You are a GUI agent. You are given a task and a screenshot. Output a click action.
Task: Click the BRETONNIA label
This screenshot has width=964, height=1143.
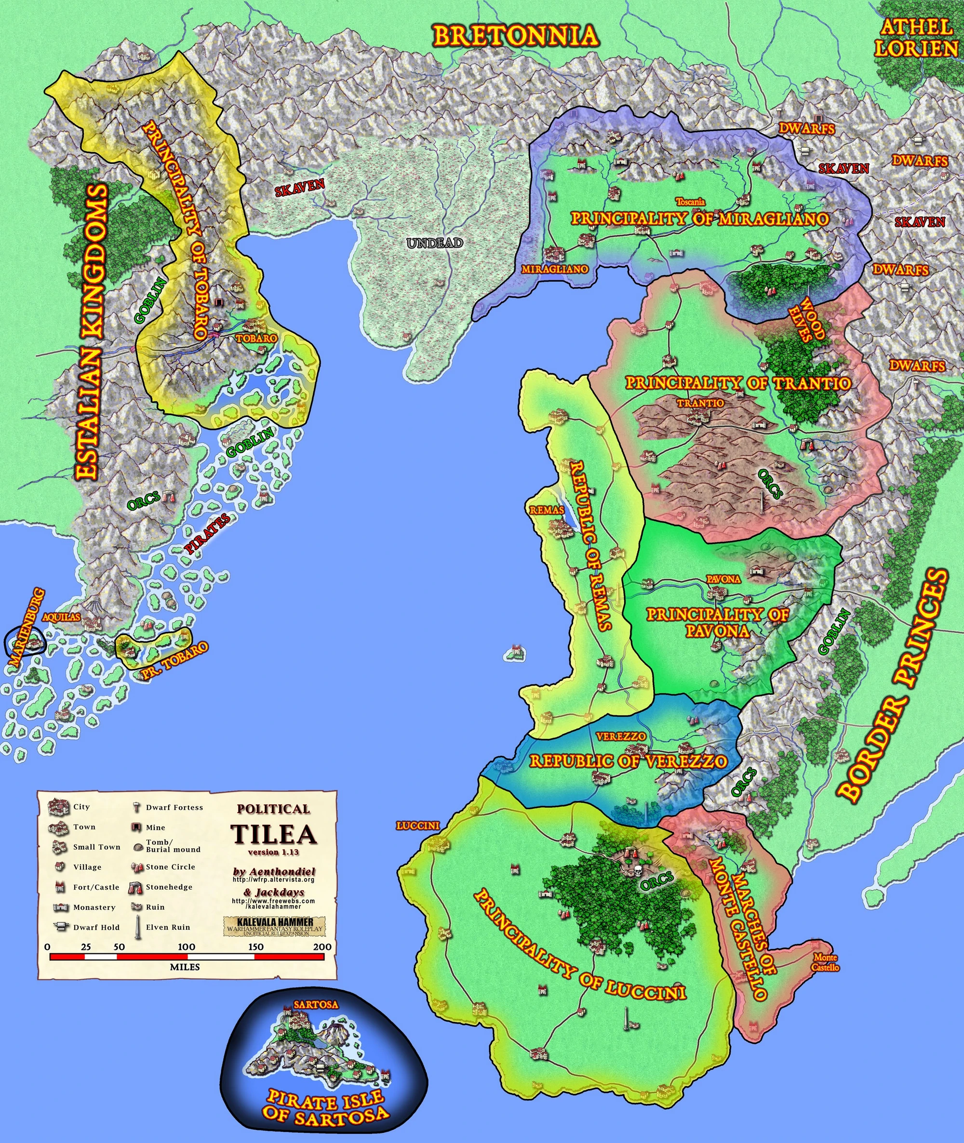point(515,36)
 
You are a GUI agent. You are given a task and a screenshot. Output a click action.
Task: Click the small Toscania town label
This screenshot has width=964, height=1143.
point(690,202)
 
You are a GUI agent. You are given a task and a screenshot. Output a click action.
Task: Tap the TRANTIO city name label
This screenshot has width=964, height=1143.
point(701,403)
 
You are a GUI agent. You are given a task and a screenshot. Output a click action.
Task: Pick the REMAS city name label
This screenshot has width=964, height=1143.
point(547,510)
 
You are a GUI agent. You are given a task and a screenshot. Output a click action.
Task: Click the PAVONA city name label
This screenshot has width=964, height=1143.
point(723,579)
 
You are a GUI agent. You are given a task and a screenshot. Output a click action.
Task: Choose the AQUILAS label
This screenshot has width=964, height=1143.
point(61,617)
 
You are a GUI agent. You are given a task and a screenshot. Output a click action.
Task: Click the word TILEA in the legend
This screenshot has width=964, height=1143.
point(273,834)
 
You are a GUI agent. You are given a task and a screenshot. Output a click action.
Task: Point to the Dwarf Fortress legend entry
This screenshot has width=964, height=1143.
point(174,807)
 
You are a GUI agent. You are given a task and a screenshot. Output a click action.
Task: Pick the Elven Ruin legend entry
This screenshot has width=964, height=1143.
point(168,927)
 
